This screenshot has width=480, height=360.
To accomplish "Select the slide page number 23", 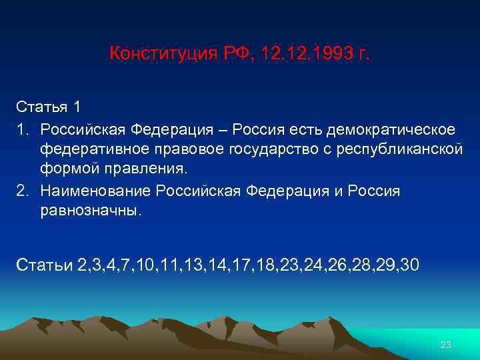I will [x=446, y=344].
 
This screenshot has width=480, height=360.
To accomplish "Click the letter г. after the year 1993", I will [x=363, y=53].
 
